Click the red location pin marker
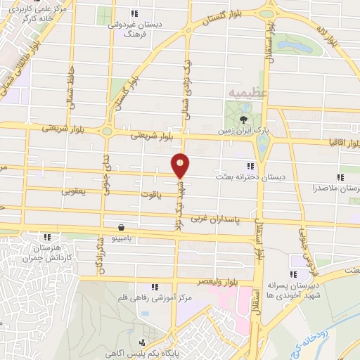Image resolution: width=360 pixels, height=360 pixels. [x=181, y=166]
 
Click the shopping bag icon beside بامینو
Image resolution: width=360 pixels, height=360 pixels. [x=123, y=227]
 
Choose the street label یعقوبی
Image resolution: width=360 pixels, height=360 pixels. [x=73, y=191]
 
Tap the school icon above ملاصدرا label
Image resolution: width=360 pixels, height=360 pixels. [x=340, y=176]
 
